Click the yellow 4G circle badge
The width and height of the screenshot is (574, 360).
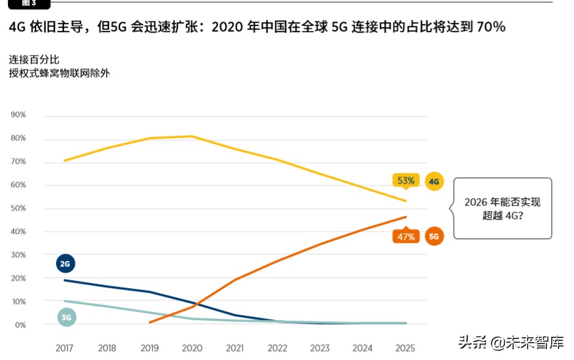click(434, 182)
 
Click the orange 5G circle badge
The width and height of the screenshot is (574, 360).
click(434, 236)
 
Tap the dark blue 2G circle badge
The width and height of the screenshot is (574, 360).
click(65, 264)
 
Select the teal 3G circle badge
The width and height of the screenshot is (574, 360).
click(66, 318)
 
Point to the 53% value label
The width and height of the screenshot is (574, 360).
click(405, 181)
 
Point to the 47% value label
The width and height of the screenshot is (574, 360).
click(405, 237)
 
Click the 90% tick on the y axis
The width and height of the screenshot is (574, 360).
click(18, 115)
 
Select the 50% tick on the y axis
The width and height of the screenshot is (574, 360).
click(18, 209)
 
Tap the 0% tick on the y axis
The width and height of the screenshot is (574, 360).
click(20, 325)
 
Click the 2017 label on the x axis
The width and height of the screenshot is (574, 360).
click(65, 348)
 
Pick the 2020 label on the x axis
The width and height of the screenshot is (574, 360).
click(193, 348)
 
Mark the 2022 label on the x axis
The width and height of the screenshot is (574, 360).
click(278, 348)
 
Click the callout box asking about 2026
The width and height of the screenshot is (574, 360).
click(502, 209)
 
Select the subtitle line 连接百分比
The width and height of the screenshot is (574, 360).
click(34, 60)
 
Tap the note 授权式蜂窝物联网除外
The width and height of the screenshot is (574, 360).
click(59, 74)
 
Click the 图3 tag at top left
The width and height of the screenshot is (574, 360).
click(28, 3)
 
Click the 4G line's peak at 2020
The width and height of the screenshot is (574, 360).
click(193, 136)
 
